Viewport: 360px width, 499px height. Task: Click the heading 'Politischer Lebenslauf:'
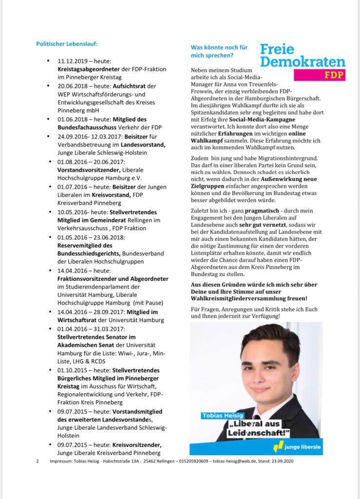click(x=67, y=44)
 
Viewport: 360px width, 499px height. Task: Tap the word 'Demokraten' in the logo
click(x=302, y=62)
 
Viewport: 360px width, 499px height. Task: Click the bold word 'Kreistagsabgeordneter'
click(x=89, y=70)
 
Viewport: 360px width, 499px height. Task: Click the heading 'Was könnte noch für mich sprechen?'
click(x=219, y=51)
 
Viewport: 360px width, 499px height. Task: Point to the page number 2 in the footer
click(x=38, y=461)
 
